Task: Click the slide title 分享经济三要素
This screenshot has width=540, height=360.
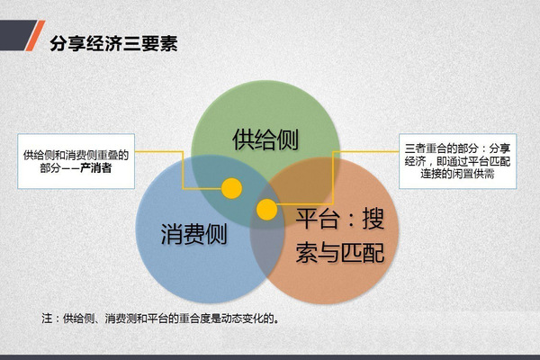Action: click(113, 43)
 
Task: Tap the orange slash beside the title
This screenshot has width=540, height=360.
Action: click(35, 35)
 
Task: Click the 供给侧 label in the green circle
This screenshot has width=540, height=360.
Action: click(265, 139)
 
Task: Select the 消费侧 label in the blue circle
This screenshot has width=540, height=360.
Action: click(193, 234)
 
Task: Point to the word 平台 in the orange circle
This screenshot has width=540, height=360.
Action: click(317, 219)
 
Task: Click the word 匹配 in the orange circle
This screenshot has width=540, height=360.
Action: click(363, 253)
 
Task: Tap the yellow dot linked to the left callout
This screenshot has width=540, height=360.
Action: click(231, 188)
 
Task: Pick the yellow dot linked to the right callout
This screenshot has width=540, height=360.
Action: click(267, 210)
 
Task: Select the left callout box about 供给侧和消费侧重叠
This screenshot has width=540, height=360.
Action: click(76, 161)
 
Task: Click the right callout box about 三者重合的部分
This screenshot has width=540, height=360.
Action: click(458, 161)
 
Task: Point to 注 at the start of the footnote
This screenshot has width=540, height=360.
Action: click(47, 319)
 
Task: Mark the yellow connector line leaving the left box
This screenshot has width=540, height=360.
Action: click(183, 170)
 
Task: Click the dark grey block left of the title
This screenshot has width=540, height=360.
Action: click(16, 35)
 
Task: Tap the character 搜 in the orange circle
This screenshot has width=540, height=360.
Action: click(373, 219)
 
